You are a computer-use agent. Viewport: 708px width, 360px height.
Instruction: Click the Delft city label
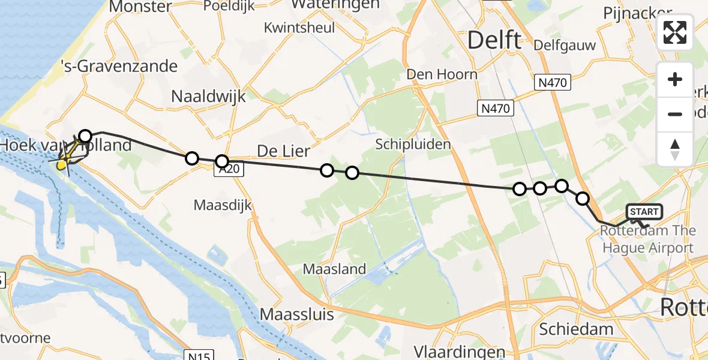tap(494, 41)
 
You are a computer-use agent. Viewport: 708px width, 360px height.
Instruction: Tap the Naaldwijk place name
tap(206, 96)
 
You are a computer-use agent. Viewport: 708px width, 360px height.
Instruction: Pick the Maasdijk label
tap(223, 205)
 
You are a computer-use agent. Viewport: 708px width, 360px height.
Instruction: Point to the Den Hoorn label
tap(442, 74)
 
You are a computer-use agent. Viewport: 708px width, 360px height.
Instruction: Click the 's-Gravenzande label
tap(119, 66)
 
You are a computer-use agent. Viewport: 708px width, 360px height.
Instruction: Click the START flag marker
tap(644, 212)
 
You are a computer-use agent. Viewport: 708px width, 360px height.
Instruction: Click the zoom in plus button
tap(675, 79)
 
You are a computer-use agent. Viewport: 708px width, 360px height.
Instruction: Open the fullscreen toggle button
tap(675, 32)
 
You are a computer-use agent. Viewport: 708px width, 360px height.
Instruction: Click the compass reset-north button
tap(675, 149)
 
